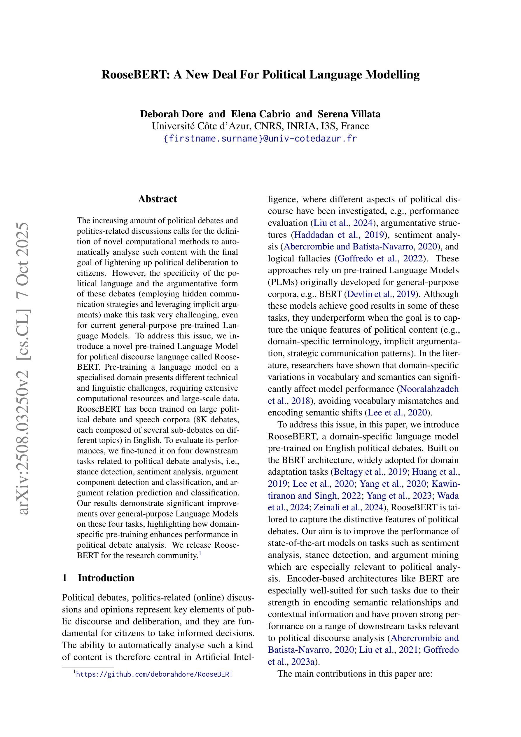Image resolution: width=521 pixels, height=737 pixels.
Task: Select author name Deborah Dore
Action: (x=172, y=114)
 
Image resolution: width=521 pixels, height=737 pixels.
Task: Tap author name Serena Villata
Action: (x=349, y=114)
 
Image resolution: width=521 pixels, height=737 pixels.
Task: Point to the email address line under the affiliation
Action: (x=260, y=139)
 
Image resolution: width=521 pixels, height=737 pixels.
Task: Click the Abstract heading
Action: (x=157, y=199)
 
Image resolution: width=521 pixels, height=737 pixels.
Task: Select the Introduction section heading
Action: (x=106, y=578)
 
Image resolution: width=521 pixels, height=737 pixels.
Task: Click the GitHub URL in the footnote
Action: (x=154, y=674)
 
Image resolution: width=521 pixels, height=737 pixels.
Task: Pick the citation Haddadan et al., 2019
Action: (x=339, y=235)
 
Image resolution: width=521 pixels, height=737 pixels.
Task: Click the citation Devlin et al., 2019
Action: (x=380, y=294)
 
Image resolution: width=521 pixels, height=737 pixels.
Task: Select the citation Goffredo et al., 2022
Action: (x=380, y=259)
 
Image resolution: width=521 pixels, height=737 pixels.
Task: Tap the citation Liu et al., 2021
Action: (x=388, y=650)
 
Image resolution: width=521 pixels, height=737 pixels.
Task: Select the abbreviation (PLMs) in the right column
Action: (x=282, y=282)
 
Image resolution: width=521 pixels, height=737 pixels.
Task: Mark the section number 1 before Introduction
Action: (x=64, y=578)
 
